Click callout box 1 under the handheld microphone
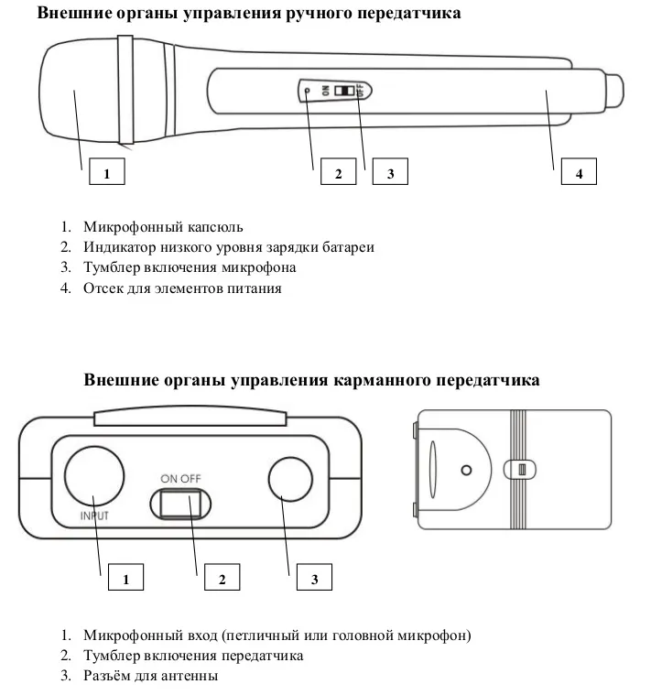click(x=106, y=172)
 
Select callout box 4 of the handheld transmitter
click(x=578, y=172)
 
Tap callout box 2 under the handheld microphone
click(x=338, y=172)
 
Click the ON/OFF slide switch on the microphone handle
click(x=345, y=92)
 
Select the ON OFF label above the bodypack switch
click(x=179, y=477)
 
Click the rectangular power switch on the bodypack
click(x=179, y=504)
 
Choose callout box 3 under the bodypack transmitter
click(x=313, y=579)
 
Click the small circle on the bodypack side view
click(x=466, y=470)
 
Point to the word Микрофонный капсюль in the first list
click(x=163, y=226)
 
